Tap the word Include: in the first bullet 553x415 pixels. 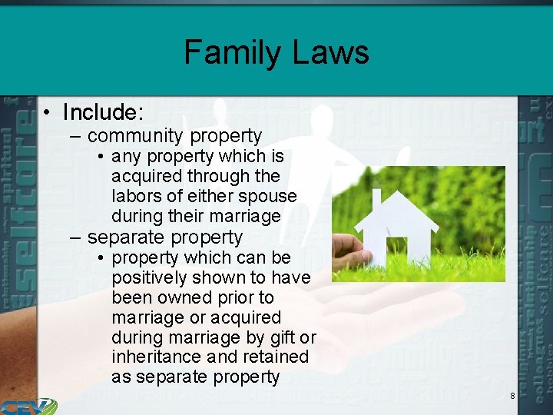[x=103, y=112]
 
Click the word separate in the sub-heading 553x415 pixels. [x=127, y=237]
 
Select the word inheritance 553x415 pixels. [x=161, y=357]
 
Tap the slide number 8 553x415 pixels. [x=512, y=396]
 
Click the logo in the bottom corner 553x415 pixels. [x=28, y=406]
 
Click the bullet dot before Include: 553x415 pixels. [x=48, y=113]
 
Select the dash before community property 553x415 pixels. [x=74, y=137]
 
